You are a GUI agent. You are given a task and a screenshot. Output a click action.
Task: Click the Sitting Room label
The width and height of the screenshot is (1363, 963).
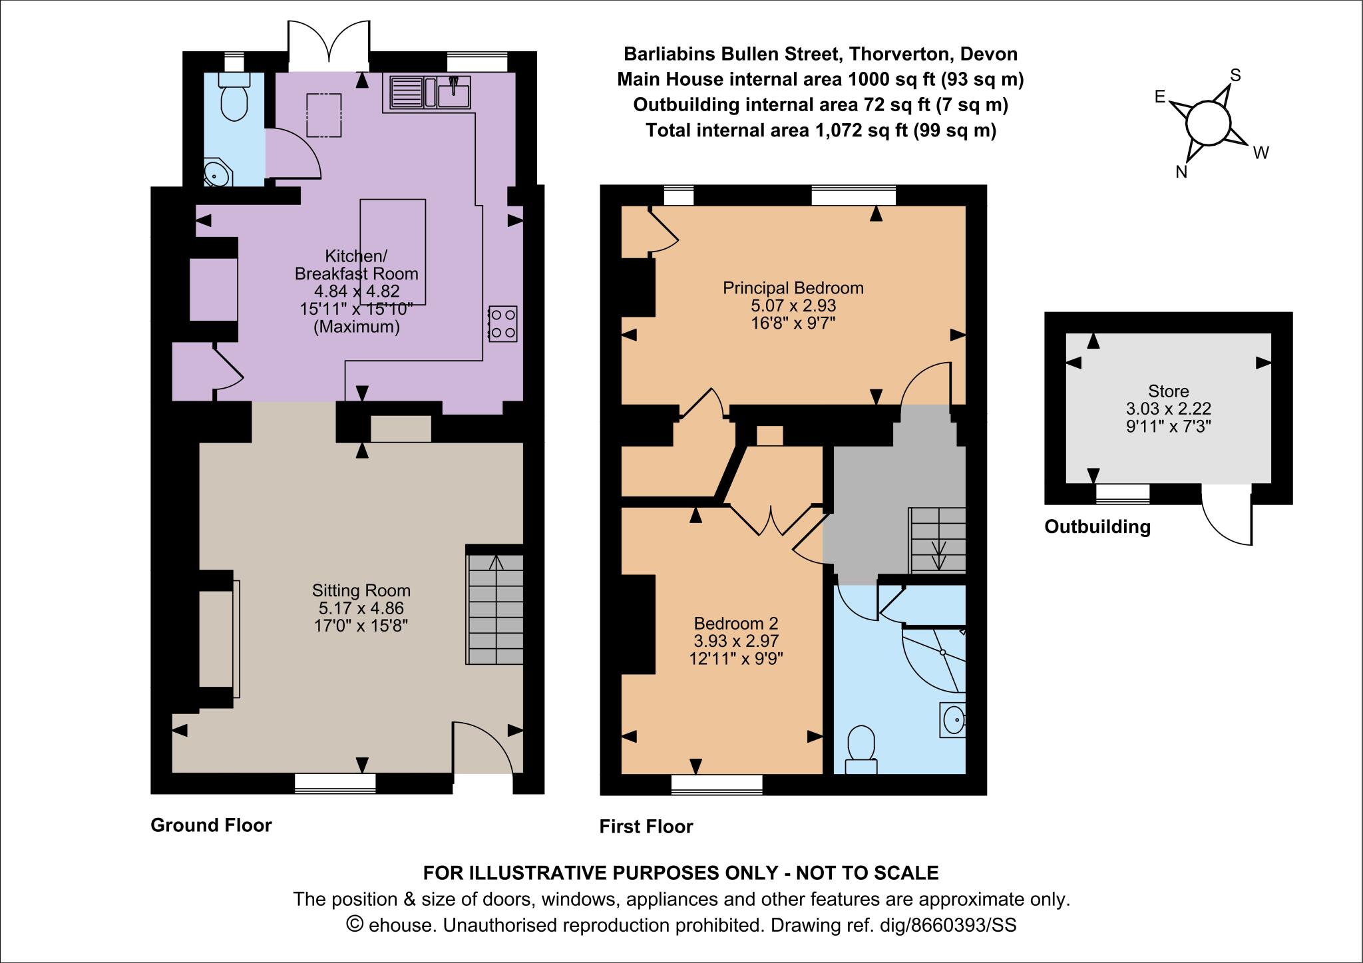pyautogui.click(x=361, y=590)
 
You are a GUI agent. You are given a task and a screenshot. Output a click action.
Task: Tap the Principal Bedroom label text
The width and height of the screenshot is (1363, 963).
pyautogui.click(x=793, y=288)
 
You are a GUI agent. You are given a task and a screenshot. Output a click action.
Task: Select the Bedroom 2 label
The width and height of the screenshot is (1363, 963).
pyautogui.click(x=736, y=624)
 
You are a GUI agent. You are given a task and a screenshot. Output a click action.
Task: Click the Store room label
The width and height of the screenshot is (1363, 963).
pyautogui.click(x=1168, y=391)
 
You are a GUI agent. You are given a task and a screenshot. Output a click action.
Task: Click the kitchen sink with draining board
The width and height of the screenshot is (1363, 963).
pyautogui.click(x=429, y=93)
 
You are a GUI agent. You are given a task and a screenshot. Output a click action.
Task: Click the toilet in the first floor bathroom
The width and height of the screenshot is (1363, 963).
pyautogui.click(x=861, y=749)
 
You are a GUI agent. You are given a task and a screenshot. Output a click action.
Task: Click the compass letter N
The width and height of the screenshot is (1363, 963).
pyautogui.click(x=1181, y=172)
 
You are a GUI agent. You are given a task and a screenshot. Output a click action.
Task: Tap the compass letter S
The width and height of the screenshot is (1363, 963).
pyautogui.click(x=1235, y=75)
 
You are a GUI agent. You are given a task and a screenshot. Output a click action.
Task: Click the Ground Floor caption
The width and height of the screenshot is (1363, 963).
pyautogui.click(x=211, y=825)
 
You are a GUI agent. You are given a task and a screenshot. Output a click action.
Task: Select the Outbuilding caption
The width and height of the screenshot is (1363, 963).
pyautogui.click(x=1097, y=527)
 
